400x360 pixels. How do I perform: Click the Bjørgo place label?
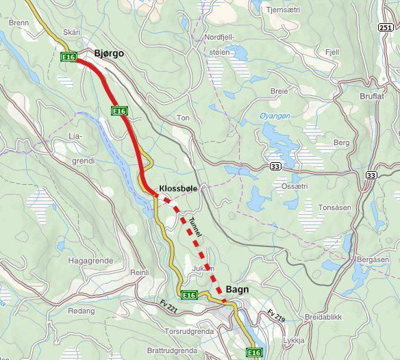(x=109, y=53)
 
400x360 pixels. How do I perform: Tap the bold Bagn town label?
(x=237, y=290)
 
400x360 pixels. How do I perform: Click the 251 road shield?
(x=386, y=27)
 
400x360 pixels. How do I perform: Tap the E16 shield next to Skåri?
(x=68, y=57)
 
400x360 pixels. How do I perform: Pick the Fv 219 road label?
(x=275, y=316)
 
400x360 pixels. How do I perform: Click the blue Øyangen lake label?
(x=275, y=116)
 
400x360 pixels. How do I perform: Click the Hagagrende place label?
(x=90, y=261)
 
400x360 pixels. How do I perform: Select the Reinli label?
(x=140, y=272)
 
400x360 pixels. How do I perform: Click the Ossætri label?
(x=290, y=186)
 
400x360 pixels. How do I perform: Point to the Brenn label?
(x=19, y=23)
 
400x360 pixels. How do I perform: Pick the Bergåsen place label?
(x=373, y=260)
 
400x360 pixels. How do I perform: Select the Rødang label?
(x=82, y=311)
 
